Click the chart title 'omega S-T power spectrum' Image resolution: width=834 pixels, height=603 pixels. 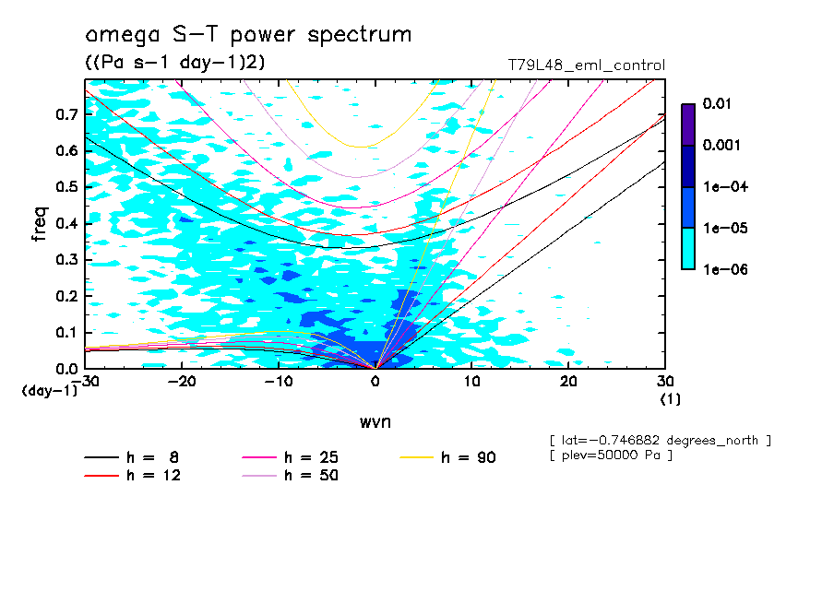pyautogui.click(x=248, y=35)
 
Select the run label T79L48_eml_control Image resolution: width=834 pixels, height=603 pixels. pyautogui.click(x=586, y=65)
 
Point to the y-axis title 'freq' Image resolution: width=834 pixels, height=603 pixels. pyautogui.click(x=40, y=224)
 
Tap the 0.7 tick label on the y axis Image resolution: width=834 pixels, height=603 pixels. pyautogui.click(x=66, y=114)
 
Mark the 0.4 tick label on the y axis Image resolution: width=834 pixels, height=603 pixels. pyautogui.click(x=66, y=223)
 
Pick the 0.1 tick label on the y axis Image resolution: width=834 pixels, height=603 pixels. pyautogui.click(x=66, y=332)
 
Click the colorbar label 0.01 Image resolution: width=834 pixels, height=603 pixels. pyautogui.click(x=717, y=104)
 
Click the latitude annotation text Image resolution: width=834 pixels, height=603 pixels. pyautogui.click(x=659, y=440)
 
